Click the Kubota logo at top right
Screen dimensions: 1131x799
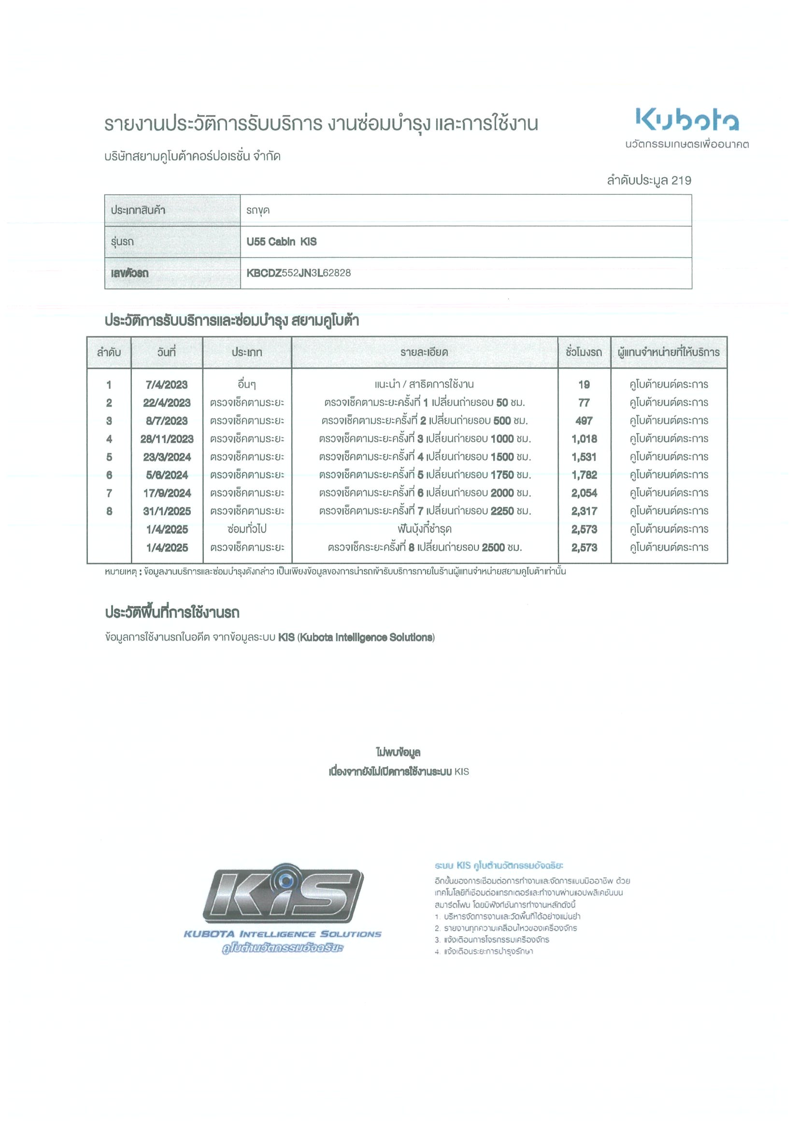[x=686, y=120]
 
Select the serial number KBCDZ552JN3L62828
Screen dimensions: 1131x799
[x=299, y=273]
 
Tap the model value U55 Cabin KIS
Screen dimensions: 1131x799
[x=281, y=241]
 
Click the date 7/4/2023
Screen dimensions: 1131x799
[x=166, y=385]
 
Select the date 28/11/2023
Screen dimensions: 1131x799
[x=166, y=439]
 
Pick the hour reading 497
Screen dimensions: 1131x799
[x=584, y=420]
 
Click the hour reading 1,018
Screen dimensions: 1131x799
[x=584, y=439]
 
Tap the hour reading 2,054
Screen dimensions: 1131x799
[x=584, y=493]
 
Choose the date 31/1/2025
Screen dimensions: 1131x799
[x=166, y=511]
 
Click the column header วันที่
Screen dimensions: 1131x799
[x=166, y=352]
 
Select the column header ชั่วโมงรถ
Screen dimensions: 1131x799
[x=584, y=352]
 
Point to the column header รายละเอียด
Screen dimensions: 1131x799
[x=424, y=352]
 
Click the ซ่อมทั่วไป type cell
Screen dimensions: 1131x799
[x=247, y=529]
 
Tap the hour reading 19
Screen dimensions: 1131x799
[x=584, y=385]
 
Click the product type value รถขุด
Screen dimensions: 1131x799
[x=258, y=210]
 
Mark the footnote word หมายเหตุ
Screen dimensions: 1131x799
[x=120, y=571]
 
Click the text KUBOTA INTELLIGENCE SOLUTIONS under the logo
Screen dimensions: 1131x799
[x=282, y=934]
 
